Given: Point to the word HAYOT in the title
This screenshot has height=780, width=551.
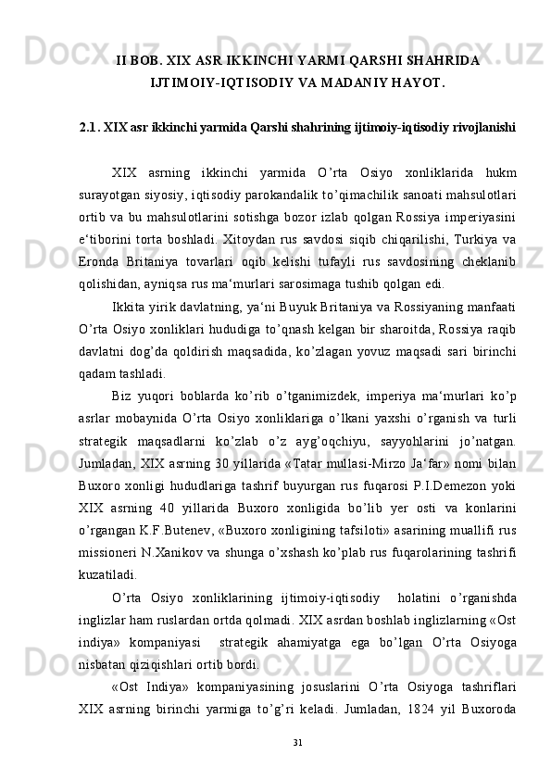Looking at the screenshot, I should tap(419, 85).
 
